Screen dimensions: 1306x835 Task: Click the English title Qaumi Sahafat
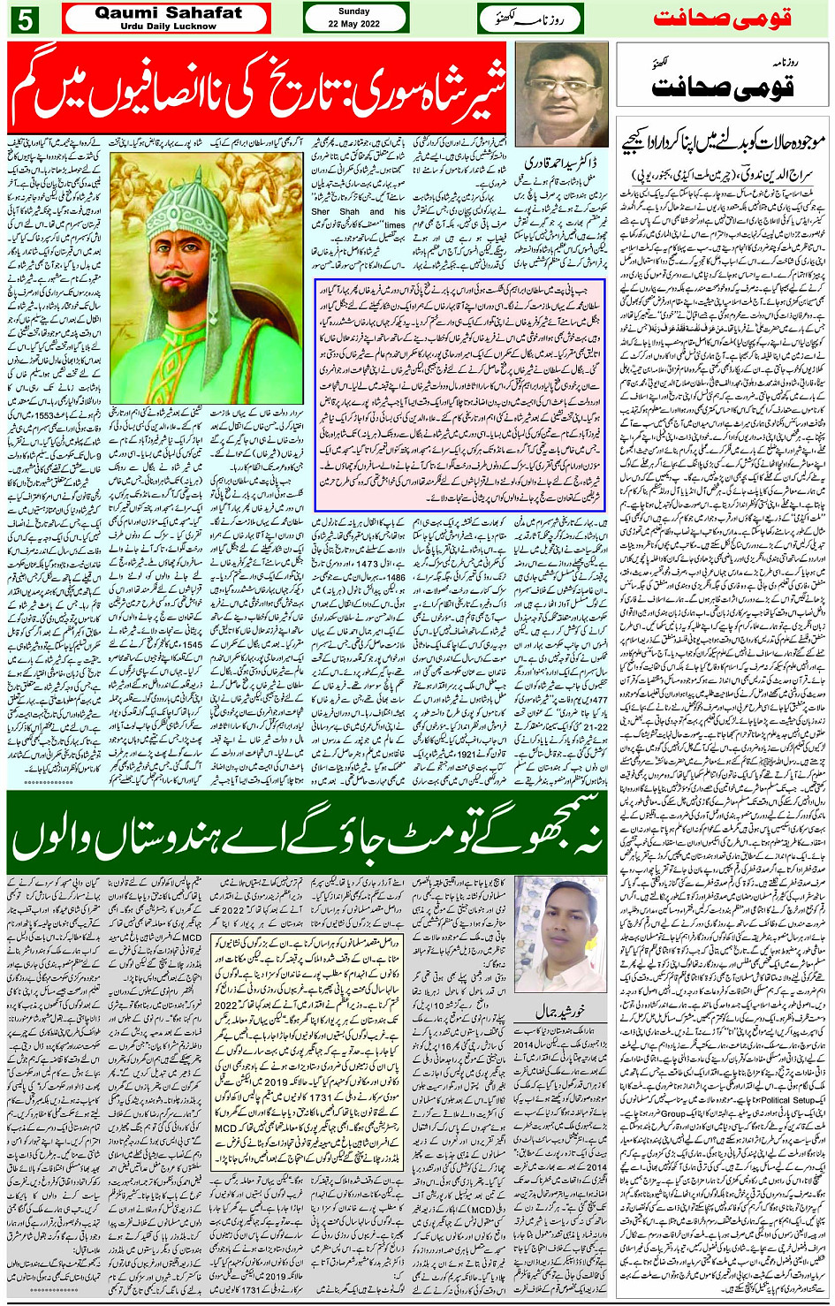[168, 12]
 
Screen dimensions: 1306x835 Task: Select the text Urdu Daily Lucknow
[168, 27]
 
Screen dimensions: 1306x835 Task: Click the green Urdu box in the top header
[530, 19]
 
